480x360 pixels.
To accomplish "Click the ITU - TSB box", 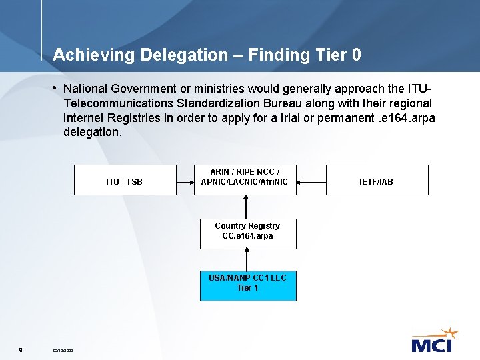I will point(125,180).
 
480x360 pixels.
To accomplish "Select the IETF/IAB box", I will point(377,180).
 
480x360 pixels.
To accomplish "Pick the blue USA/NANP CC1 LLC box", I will point(248,285).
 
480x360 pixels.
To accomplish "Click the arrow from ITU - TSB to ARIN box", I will point(185,181).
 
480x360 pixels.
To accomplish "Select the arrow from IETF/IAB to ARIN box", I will point(311,181).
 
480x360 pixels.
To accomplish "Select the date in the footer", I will point(63,350).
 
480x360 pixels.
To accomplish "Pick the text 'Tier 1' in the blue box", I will point(248,288).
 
